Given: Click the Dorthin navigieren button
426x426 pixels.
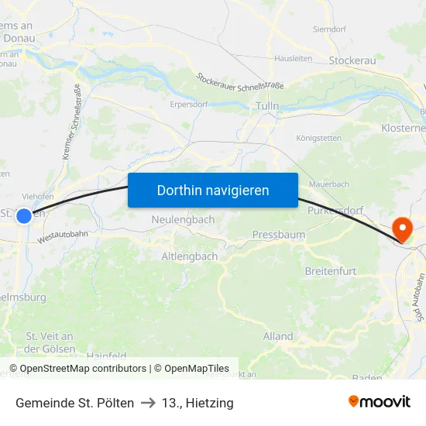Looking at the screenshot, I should pos(212,190).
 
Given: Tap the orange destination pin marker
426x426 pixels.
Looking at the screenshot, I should pos(403,228).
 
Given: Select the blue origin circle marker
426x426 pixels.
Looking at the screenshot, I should pos(24,216).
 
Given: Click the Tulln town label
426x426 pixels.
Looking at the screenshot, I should pos(266,106).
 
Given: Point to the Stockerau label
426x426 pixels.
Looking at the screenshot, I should pos(352,60).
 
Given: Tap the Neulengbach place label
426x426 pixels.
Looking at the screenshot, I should pos(183,220).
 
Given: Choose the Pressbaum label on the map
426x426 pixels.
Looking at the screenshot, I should pos(279,234).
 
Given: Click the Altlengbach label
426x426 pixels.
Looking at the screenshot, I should pos(189,256).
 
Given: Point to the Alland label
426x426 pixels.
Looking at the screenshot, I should pos(278,336).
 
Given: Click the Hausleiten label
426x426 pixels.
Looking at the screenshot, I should pos(293,58).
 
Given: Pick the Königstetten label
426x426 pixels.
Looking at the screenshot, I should pos(318,139).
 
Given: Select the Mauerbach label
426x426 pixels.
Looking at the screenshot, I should pos(328,184).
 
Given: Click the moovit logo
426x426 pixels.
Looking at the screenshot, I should pos(379,401).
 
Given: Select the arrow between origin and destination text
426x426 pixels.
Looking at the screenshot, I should pos(146,403).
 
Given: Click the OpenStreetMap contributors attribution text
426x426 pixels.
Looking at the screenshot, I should pos(83,369).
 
